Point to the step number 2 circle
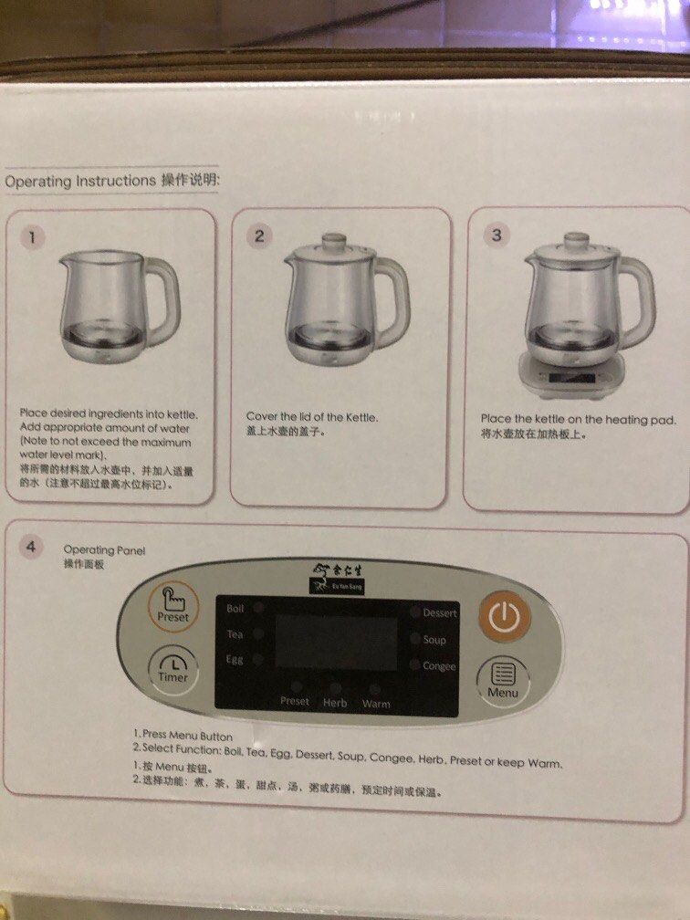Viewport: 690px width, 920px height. click(259, 236)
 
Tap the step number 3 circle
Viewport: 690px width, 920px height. click(497, 235)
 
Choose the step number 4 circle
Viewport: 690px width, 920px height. click(32, 547)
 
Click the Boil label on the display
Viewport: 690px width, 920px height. click(235, 608)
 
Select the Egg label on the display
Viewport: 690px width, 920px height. click(235, 659)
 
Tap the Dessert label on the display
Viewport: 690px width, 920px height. click(439, 613)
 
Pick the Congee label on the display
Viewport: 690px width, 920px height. click(439, 666)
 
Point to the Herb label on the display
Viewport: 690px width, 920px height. click(335, 703)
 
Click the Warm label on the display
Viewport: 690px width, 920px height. click(376, 704)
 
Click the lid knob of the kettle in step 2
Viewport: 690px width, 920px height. click(329, 241)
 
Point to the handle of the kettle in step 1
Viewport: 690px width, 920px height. click(164, 292)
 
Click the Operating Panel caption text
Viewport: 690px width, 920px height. click(103, 551)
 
